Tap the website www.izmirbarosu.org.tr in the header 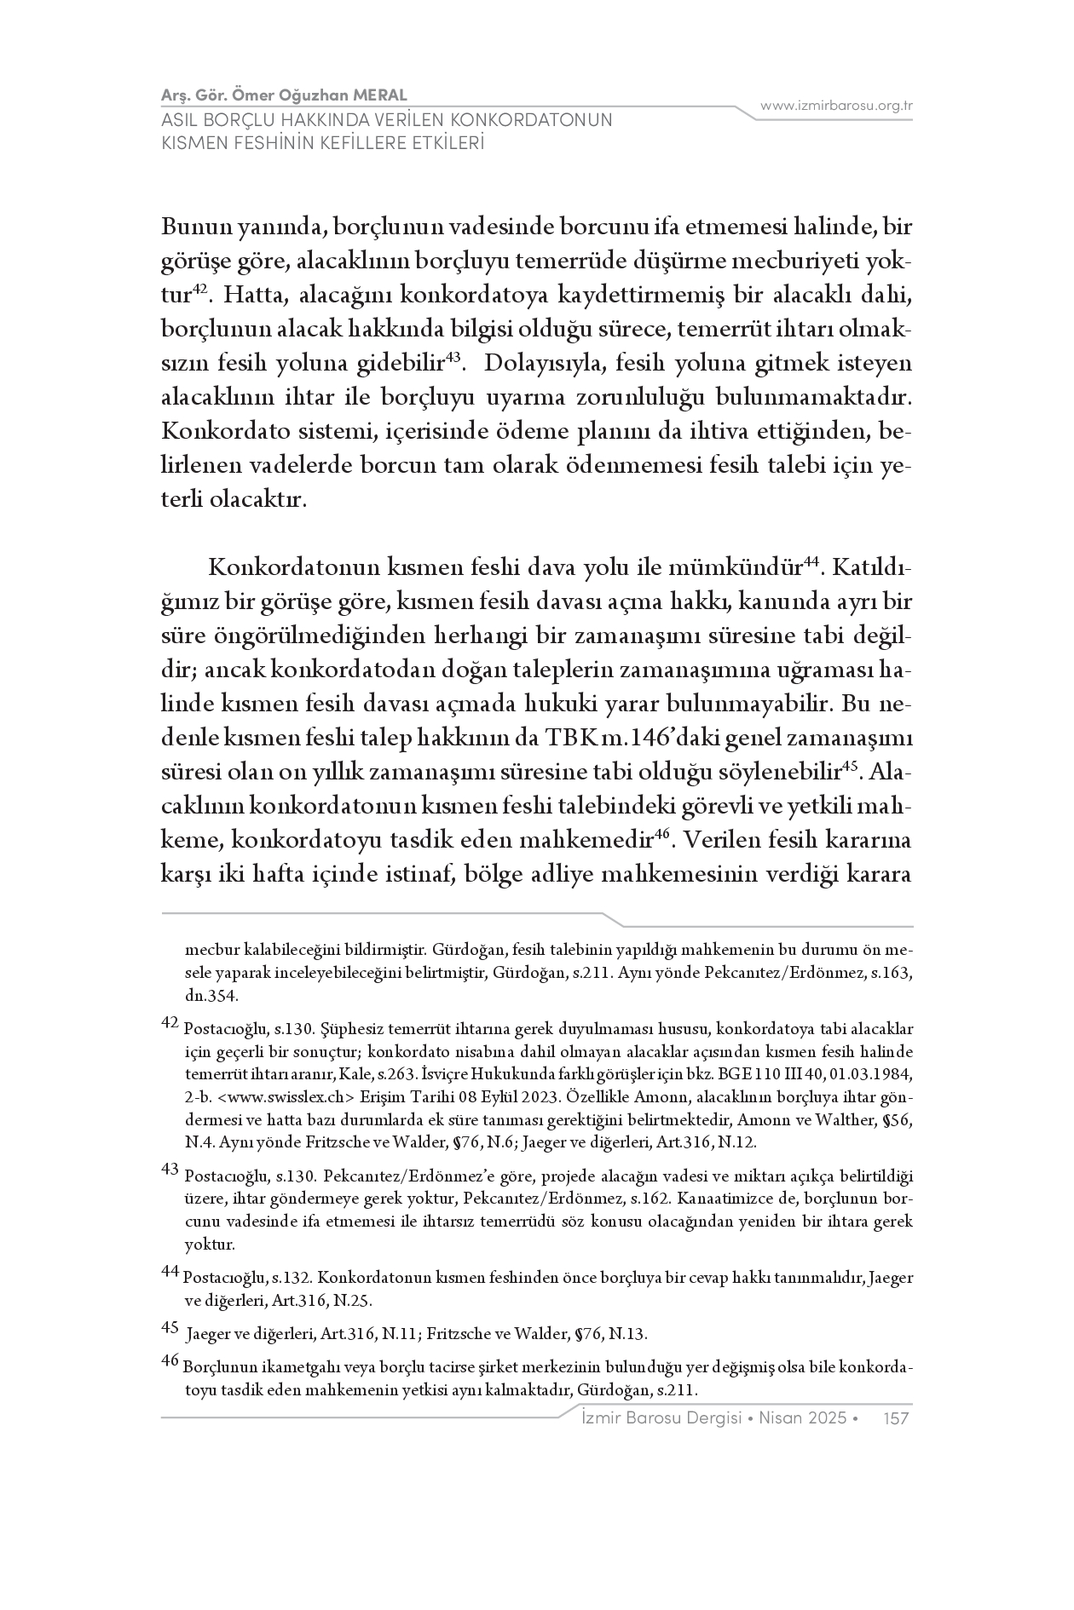[x=836, y=106]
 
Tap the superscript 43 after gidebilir [x=453, y=359]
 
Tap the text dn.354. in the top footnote [x=206, y=994]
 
